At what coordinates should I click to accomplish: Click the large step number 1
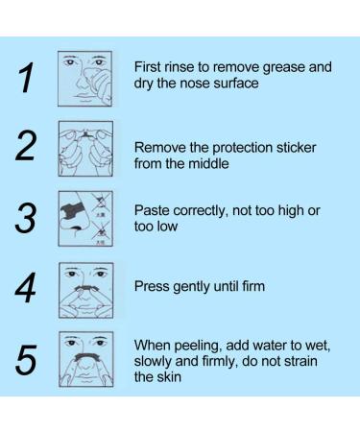pos(27,78)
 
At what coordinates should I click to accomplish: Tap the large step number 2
pos(26,146)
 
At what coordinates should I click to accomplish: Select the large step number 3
pos(25,218)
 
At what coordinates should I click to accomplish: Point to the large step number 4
pos(25,287)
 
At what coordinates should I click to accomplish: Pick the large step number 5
pos(26,360)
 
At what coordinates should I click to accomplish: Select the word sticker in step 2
pos(296,148)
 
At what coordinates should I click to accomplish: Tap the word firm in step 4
pos(253,286)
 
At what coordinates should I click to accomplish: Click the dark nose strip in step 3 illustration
pos(72,209)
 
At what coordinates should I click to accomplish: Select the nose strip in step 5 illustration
pos(86,356)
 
